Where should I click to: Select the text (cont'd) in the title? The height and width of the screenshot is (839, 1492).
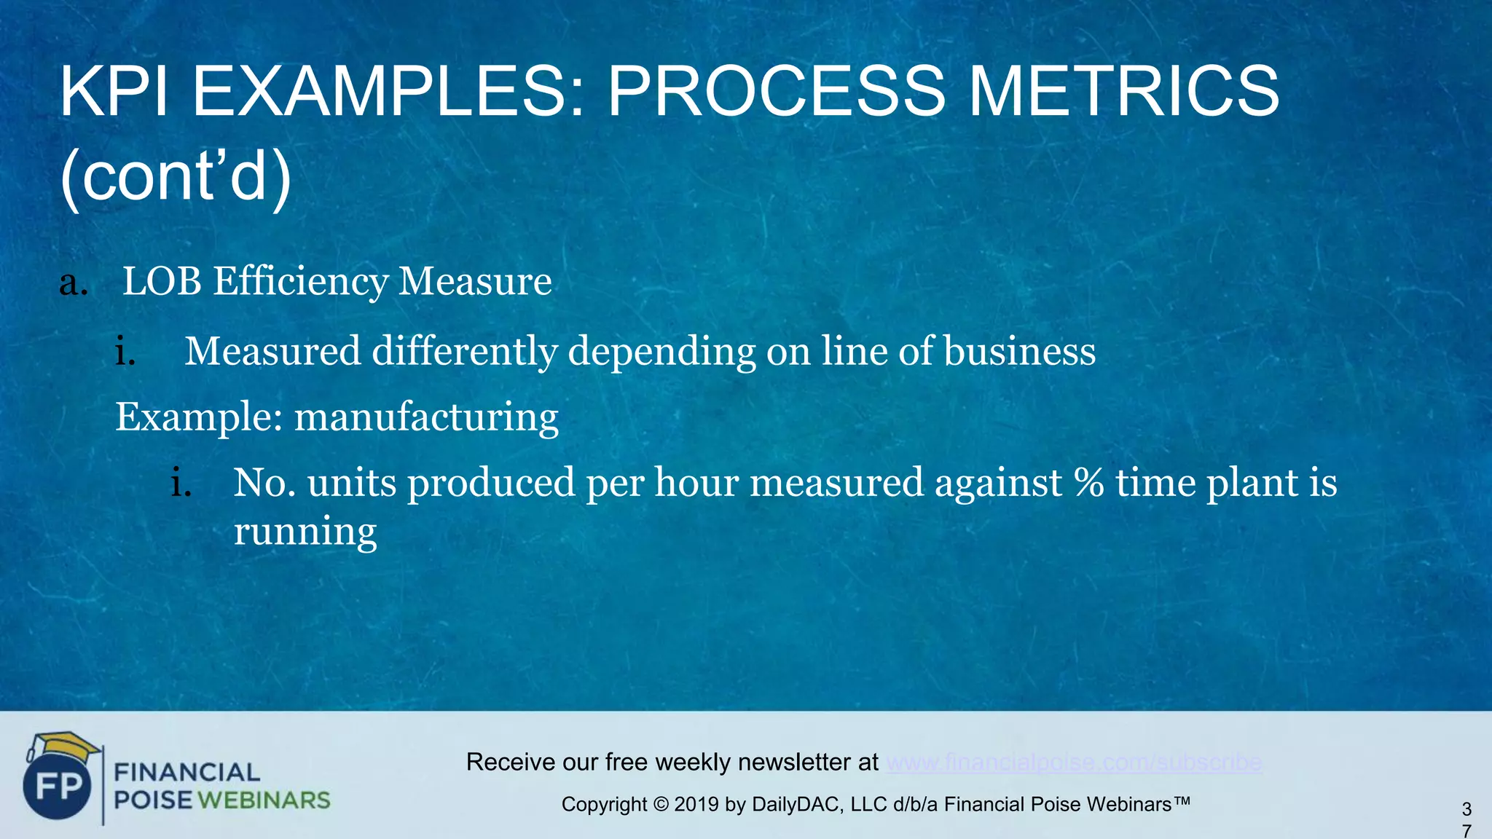point(176,177)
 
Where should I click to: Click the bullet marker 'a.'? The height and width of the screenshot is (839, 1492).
point(74,283)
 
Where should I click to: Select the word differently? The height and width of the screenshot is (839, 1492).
point(465,352)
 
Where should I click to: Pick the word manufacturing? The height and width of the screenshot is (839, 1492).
point(426,418)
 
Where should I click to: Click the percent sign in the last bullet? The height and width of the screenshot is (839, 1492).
point(1088,483)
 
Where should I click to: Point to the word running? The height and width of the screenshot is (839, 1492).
point(305,532)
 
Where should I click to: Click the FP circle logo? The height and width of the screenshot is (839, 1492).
point(58,787)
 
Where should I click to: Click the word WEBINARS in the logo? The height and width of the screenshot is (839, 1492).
point(264,800)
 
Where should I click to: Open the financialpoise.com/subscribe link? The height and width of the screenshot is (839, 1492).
point(1074,763)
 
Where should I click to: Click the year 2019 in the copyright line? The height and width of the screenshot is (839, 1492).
point(696,805)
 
